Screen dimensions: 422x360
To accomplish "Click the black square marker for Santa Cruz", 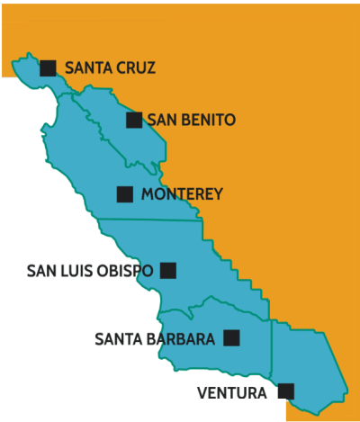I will [48, 67].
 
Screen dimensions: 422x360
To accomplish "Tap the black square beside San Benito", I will [134, 120].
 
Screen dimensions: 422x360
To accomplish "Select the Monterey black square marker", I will [125, 193].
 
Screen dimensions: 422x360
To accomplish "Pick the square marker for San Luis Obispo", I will [167, 270].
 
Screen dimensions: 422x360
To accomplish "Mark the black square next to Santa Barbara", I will [231, 338].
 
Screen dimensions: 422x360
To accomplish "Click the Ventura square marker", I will [286, 391].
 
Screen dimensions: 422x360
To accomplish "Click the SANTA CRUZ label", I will [111, 67].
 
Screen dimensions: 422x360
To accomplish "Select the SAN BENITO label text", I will [191, 120].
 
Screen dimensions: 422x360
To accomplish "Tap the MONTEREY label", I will [182, 193].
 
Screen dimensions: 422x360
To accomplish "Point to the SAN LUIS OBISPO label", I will [89, 270].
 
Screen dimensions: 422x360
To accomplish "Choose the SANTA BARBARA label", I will [154, 339].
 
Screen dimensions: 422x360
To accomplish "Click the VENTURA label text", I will [231, 392].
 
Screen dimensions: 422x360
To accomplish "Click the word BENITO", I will [209, 120].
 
